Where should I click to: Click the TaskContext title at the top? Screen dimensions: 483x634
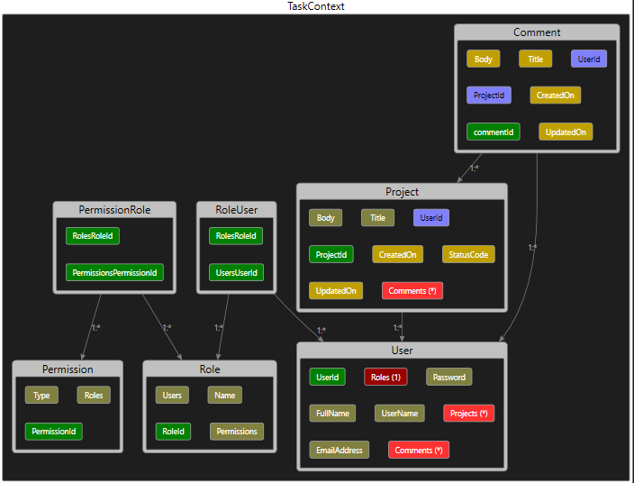(x=316, y=6)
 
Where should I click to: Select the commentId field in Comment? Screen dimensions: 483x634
(x=494, y=132)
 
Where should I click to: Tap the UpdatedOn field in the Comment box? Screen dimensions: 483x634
(x=566, y=132)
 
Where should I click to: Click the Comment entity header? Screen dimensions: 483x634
(x=537, y=32)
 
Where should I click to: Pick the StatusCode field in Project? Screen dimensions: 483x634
(x=468, y=254)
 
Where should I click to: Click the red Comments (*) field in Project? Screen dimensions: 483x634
(x=412, y=290)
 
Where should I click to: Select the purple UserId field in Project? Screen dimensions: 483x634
(x=431, y=217)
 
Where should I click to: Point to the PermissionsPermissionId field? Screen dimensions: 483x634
(x=114, y=271)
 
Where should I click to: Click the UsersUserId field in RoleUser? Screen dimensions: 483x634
(x=236, y=271)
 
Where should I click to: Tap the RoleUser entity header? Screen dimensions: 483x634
(x=236, y=210)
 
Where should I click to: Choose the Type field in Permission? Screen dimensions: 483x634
(x=41, y=395)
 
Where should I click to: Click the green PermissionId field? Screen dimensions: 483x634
(x=53, y=431)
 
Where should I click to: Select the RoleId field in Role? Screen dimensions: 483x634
(x=172, y=431)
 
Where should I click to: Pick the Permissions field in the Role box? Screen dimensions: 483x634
(x=237, y=431)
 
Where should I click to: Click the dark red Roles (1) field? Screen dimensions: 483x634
(x=385, y=377)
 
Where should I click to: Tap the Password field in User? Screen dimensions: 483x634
(x=448, y=377)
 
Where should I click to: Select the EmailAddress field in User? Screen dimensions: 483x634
(x=337, y=449)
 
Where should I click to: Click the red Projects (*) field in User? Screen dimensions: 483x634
(x=468, y=413)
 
